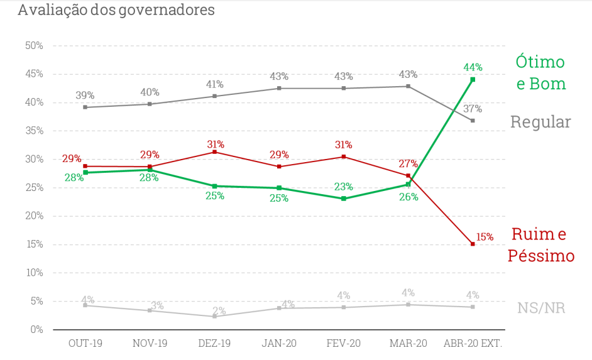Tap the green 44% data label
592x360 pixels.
[x=473, y=67]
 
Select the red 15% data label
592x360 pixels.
[x=485, y=237]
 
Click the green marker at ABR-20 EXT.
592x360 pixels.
[x=473, y=80]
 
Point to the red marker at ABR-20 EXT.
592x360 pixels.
[x=473, y=244]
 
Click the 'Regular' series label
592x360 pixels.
[x=540, y=122]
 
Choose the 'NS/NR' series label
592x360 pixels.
[x=541, y=308]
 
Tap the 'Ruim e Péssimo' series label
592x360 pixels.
[x=541, y=245]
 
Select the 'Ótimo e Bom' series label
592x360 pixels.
[x=540, y=73]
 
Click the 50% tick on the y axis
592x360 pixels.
[x=34, y=46]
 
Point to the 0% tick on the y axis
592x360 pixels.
[x=36, y=329]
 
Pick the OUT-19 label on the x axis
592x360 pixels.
[x=85, y=343]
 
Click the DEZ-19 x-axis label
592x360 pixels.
[x=214, y=343]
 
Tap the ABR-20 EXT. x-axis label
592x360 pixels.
[x=473, y=343]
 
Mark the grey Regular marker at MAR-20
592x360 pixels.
[x=408, y=86]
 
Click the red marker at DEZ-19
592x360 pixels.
[x=214, y=152]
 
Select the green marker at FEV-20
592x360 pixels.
[x=343, y=199]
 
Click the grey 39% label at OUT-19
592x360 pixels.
[x=85, y=95]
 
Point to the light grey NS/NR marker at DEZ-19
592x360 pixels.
[x=214, y=316]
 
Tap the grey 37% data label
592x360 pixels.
[x=473, y=108]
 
